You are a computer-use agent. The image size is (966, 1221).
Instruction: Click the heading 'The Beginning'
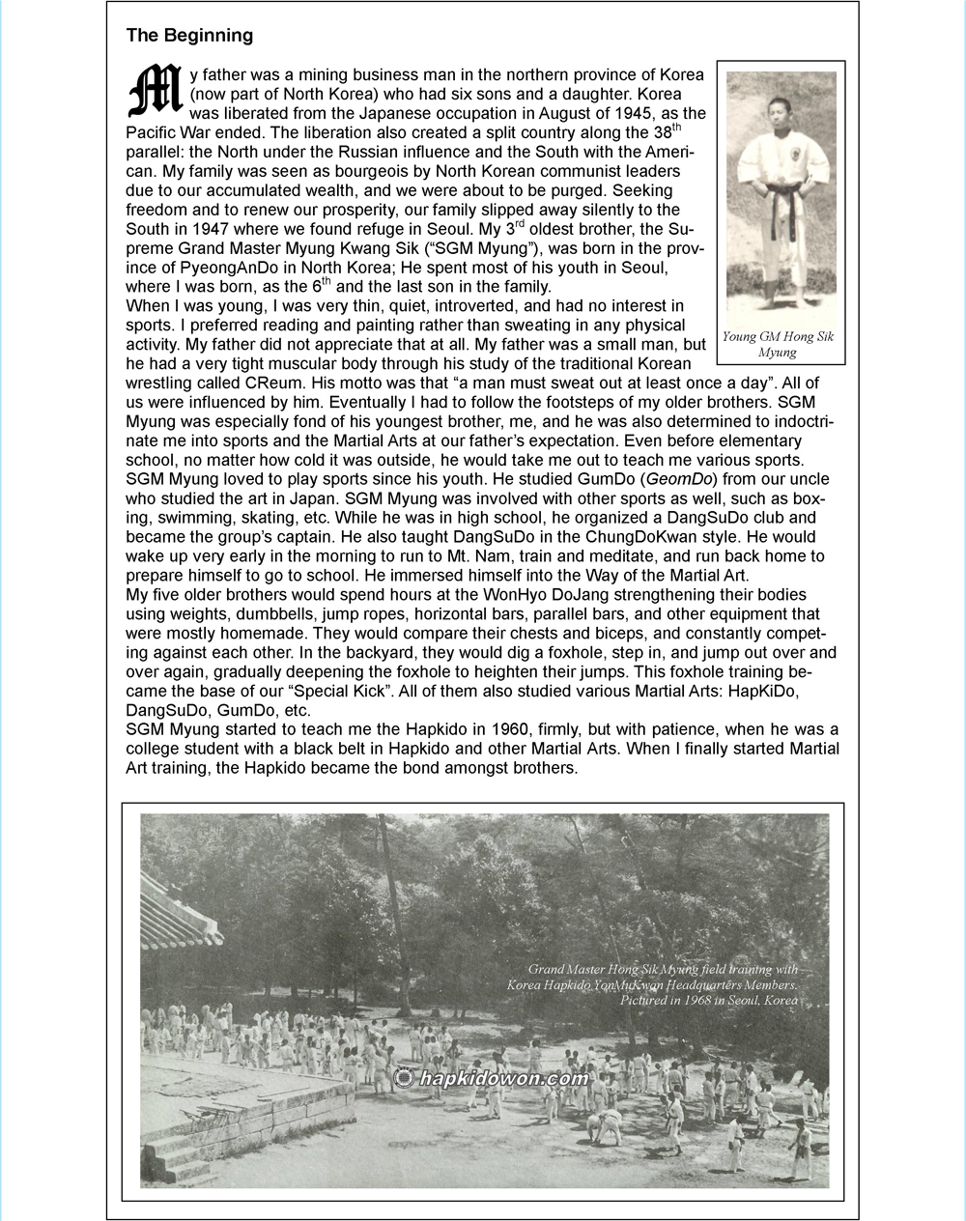pyautogui.click(x=189, y=36)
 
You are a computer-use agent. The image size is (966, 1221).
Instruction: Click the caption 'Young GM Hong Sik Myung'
pyautogui.click(x=778, y=345)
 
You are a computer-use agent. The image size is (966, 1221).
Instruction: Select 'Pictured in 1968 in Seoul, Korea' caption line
pyautogui.click(x=709, y=1001)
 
